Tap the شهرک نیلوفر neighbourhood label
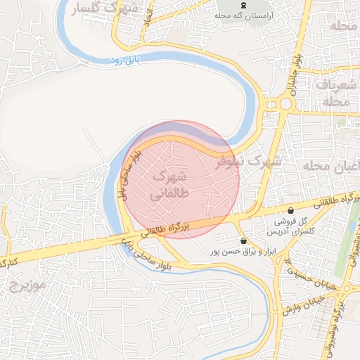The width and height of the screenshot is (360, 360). tap(247, 161)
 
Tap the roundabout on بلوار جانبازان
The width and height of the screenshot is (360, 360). tap(285, 105)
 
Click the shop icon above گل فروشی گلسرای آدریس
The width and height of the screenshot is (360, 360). tap(291, 210)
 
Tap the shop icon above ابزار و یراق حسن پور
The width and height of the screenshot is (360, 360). tap(243, 240)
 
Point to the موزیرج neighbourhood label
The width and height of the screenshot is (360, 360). tap(28, 285)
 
